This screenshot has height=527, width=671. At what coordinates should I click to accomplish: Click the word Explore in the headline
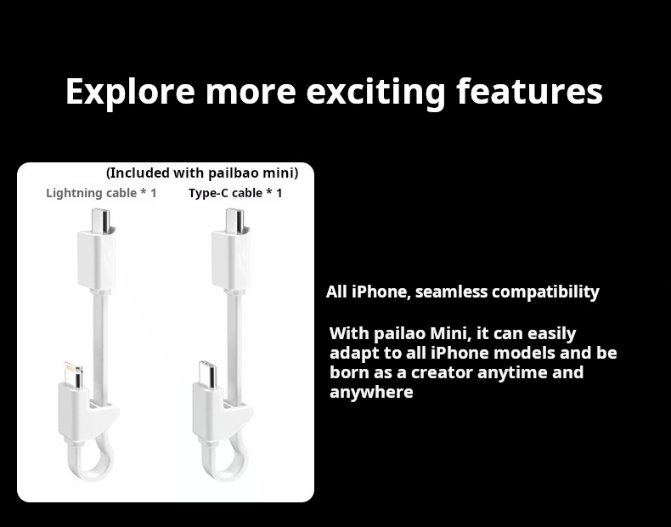click(x=130, y=92)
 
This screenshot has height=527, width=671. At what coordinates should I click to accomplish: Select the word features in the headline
click(x=530, y=91)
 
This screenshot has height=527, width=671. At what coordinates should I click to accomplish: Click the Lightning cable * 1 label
click(x=101, y=193)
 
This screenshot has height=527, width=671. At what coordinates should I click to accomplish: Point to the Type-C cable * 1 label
click(x=235, y=193)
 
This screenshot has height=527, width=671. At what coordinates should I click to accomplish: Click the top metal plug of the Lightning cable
click(x=100, y=220)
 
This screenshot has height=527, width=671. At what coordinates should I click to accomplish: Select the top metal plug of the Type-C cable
click(x=234, y=220)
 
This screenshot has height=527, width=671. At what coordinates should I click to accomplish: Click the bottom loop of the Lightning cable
click(x=91, y=463)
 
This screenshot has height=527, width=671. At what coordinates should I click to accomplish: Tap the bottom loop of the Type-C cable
click(x=225, y=463)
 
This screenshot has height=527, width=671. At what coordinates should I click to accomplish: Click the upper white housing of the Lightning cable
click(x=97, y=259)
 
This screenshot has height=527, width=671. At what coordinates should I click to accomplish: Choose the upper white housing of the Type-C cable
click(x=231, y=259)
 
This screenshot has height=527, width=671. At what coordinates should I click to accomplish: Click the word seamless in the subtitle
click(x=452, y=292)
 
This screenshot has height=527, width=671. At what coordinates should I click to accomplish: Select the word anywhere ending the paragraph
click(x=371, y=393)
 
